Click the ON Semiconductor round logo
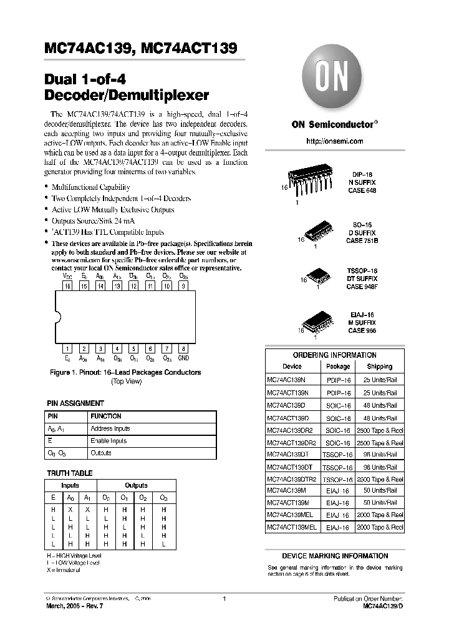pos(334,79)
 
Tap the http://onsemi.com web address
pos(335,142)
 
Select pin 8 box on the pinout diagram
pos(183,349)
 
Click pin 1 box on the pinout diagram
pos(67,349)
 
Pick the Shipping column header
pos(379,367)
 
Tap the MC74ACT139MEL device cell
pos(292,527)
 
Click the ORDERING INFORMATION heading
pos(335,355)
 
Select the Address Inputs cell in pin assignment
pos(110,428)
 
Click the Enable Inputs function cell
pos(109,441)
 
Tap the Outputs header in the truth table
pos(136,485)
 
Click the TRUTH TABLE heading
pos(70,473)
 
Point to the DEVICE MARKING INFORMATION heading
pos(335,556)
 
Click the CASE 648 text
pos(362,190)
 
